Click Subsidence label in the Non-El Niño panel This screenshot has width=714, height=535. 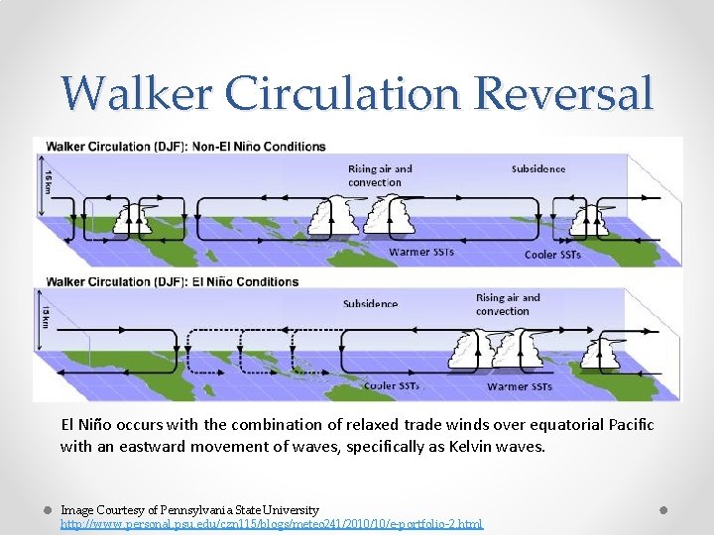(538, 169)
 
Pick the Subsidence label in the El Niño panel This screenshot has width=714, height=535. (370, 304)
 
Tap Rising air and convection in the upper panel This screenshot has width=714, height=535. (380, 175)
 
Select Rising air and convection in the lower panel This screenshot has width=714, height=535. (508, 304)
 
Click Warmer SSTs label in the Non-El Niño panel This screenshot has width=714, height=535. (421, 252)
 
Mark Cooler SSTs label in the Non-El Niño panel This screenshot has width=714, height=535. (553, 255)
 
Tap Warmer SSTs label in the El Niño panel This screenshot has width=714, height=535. (520, 386)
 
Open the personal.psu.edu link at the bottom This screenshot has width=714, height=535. (272, 522)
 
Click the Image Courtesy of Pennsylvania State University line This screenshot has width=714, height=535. (189, 509)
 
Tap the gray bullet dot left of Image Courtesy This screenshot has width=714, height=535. (46, 509)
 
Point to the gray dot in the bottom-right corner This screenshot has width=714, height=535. (665, 509)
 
